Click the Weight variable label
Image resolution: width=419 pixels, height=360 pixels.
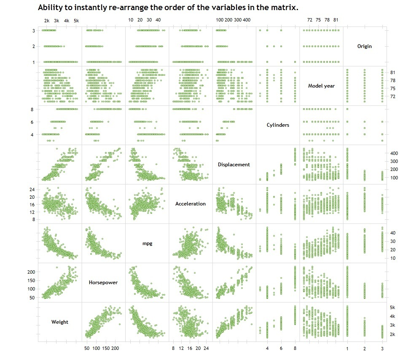pos(60,322)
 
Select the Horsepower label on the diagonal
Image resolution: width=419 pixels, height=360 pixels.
pos(103,283)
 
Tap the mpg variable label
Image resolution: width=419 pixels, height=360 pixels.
pos(147,243)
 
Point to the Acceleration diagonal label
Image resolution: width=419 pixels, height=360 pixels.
pos(191,204)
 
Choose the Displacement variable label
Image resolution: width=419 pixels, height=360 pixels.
pos(234,165)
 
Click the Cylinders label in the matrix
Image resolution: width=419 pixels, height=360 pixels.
pos(278,125)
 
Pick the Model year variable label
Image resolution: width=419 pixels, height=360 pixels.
pos(321,86)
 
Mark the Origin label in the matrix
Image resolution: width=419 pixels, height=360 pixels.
pos(365,46)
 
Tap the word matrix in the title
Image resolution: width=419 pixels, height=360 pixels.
pos(280,8)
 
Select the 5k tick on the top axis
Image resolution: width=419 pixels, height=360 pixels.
pos(76,20)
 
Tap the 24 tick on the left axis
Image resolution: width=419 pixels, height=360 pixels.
pos(29,189)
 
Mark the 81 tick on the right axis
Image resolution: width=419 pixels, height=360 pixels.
pos(393,72)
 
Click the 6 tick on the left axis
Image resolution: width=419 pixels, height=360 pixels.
pos(32,122)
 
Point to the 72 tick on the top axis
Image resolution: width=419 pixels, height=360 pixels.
pos(310,20)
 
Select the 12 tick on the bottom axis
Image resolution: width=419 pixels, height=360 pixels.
pos(181,349)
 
